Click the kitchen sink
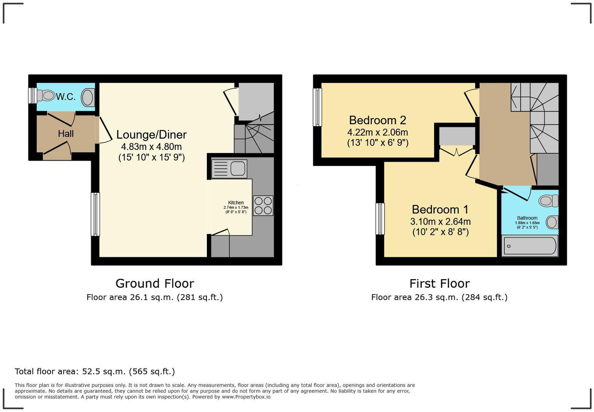point(229,169)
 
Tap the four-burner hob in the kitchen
point(263,206)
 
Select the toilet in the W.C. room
point(47,95)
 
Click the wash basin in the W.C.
point(88,97)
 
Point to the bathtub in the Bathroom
point(530,246)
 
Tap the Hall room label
point(66,134)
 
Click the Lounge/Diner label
point(151,134)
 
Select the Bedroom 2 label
point(377,120)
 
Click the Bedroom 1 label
point(440,209)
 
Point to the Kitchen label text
point(236,203)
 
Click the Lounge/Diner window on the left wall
point(95,214)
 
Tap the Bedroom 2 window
point(317,107)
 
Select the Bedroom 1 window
point(380,219)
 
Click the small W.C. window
point(33,95)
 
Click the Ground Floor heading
point(155,283)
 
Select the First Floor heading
point(439,283)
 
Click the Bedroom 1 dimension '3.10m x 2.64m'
point(440,222)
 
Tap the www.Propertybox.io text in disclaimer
point(246,397)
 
